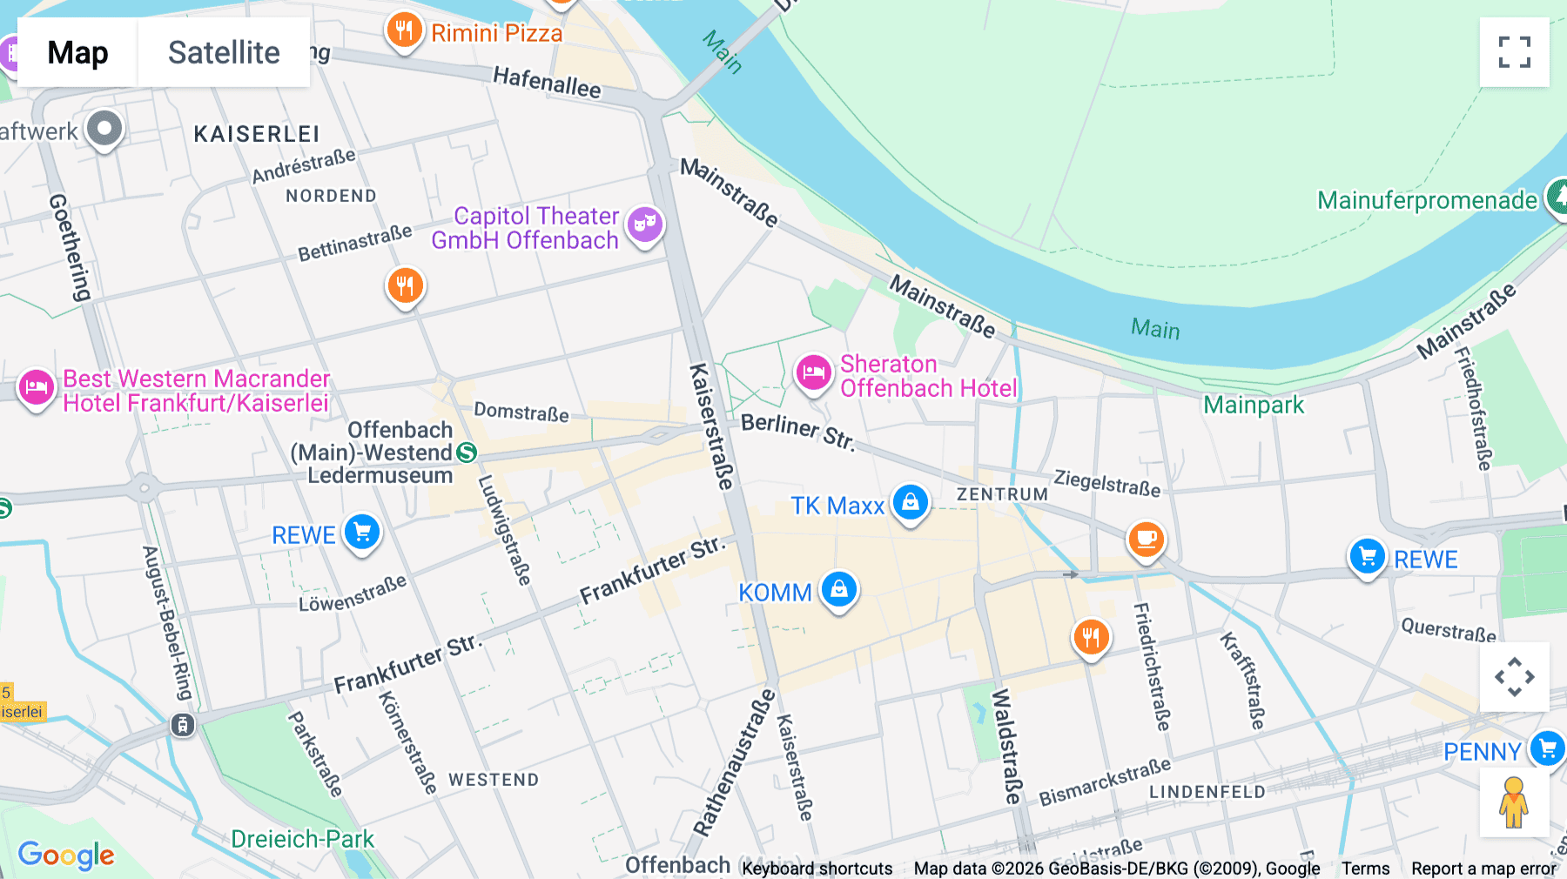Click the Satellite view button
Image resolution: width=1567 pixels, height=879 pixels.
click(224, 52)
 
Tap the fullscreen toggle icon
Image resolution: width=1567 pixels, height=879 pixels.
click(1514, 52)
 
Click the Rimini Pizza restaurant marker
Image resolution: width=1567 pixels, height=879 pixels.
click(404, 31)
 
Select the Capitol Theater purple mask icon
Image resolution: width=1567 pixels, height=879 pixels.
click(644, 225)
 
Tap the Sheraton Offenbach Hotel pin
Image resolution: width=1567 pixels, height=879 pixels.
click(814, 373)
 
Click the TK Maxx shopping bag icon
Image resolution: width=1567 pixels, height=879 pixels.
click(911, 502)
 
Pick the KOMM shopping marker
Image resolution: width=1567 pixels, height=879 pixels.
click(838, 590)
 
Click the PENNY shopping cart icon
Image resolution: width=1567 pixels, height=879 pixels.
click(1547, 748)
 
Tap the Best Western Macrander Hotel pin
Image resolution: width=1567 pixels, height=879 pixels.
click(37, 387)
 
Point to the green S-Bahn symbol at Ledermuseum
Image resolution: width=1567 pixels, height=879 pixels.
click(467, 453)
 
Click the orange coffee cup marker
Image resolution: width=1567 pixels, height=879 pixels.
click(1146, 540)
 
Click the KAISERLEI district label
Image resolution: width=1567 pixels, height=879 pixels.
click(257, 134)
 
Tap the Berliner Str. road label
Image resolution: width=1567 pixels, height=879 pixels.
click(797, 432)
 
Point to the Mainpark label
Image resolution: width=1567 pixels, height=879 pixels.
click(1254, 405)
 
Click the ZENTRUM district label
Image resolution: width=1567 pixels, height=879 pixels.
click(1002, 494)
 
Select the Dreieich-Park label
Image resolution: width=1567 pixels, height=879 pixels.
click(302, 839)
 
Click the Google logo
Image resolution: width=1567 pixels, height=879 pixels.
click(66, 855)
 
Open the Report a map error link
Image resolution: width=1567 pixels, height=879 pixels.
click(1483, 869)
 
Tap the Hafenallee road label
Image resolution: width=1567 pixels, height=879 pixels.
click(547, 83)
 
